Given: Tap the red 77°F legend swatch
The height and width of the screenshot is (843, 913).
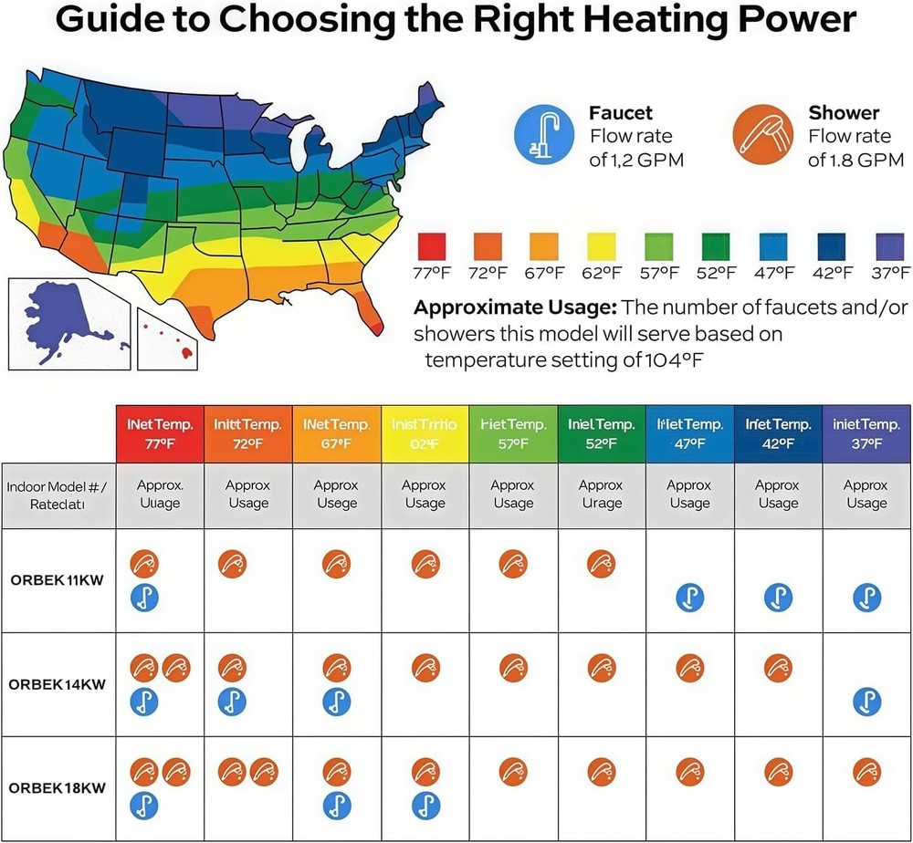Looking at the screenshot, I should [x=431, y=247].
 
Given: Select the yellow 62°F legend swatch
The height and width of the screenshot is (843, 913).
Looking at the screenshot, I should [x=600, y=247].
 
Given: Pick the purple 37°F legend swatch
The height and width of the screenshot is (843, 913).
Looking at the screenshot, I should [x=890, y=247].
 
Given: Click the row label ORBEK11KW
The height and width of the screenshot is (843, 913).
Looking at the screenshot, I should [x=57, y=581].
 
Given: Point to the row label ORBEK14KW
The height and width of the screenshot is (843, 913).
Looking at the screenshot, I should [x=57, y=684].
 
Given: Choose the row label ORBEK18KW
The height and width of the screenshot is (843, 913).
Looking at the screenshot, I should [x=57, y=787].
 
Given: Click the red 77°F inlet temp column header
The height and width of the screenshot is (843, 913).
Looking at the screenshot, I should [x=160, y=433].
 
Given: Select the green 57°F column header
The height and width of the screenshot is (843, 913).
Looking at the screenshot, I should [x=513, y=433].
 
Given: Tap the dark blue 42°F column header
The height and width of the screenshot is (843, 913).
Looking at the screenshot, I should [x=778, y=433].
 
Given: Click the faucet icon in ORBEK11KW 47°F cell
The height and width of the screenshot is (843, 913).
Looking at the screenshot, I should [x=689, y=598].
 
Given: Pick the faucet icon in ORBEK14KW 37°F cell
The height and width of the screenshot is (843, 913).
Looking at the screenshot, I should [x=866, y=702].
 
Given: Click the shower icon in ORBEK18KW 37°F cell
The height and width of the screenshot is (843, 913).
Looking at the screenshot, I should [x=866, y=773].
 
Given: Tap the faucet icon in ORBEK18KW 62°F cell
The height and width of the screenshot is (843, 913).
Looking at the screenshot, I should [x=425, y=805].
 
